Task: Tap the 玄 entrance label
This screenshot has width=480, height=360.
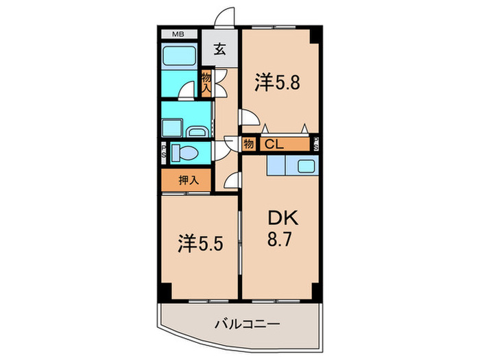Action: (x=219, y=49)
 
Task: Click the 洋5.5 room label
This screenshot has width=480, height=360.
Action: (x=200, y=243)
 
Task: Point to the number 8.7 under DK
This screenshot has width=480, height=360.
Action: (x=281, y=241)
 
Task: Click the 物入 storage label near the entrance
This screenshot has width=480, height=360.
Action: (x=206, y=84)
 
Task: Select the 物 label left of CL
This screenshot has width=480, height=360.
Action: (x=248, y=145)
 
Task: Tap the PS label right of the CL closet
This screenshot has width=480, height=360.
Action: (x=316, y=145)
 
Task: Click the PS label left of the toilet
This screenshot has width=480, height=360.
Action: (x=165, y=152)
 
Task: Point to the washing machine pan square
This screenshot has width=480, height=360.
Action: (x=171, y=127)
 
